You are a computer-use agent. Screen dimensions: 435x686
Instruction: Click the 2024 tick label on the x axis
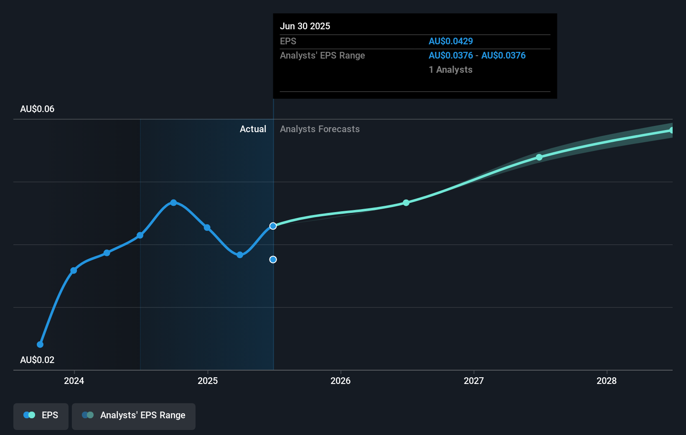pos(74,381)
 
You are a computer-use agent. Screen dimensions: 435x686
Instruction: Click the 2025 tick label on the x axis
pos(208,381)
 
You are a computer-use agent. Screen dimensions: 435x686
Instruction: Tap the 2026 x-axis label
pos(340,381)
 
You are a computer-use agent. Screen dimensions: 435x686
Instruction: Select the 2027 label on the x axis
pos(474,381)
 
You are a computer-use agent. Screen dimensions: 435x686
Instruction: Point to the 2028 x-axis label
pos(607,381)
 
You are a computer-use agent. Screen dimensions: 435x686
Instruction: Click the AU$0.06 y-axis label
pos(37,109)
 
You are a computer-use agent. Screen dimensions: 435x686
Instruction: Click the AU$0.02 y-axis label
pos(37,360)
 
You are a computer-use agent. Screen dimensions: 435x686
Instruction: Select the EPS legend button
pos(41,415)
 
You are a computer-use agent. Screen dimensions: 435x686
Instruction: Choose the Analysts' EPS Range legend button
pos(134,415)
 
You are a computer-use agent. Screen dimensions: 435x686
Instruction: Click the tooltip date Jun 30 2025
pos(305,26)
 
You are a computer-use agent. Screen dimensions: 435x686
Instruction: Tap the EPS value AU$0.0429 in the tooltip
pos(451,41)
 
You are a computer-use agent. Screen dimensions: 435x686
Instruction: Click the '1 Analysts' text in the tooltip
pos(450,70)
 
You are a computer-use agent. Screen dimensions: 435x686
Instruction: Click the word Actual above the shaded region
pos(253,129)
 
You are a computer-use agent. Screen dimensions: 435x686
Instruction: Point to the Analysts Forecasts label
pos(320,129)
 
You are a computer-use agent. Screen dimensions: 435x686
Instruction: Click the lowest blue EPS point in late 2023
pos(40,345)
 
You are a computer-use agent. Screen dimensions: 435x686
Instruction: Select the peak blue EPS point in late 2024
pos(173,202)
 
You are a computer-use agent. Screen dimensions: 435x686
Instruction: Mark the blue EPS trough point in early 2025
pos(240,255)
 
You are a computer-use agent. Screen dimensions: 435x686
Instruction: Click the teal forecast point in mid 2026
pos(406,203)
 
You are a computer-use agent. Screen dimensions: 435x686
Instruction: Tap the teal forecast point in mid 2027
pos(539,157)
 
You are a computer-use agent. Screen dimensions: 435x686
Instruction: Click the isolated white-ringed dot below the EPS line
pos(273,260)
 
